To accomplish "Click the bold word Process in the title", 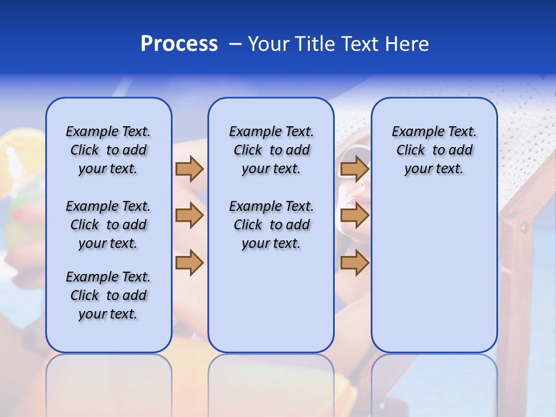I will pyautogui.click(x=179, y=44).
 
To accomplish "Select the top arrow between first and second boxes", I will pyautogui.click(x=189, y=169).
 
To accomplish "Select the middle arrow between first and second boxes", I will pyautogui.click(x=189, y=216).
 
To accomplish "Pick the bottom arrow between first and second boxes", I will pyautogui.click(x=189, y=262).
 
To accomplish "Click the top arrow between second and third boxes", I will pyautogui.click(x=354, y=169).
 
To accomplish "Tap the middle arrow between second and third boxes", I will pyautogui.click(x=354, y=216).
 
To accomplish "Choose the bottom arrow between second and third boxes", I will pyautogui.click(x=354, y=262).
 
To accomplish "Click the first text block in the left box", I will pyautogui.click(x=108, y=150).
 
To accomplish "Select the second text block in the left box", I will pyautogui.click(x=108, y=225).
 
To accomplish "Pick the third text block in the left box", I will pyautogui.click(x=108, y=295).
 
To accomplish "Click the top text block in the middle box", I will pyautogui.click(x=271, y=150).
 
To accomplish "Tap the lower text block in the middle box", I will pyautogui.click(x=271, y=225).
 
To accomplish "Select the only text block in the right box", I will pyautogui.click(x=434, y=150).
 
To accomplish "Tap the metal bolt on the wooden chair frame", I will pyautogui.click(x=524, y=226).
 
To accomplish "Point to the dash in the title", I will pyautogui.click(x=235, y=44).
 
